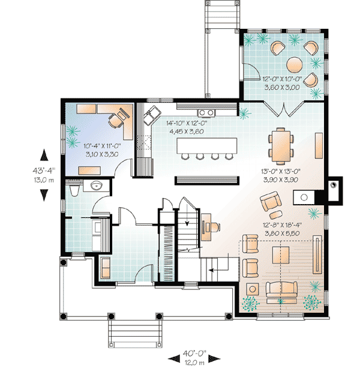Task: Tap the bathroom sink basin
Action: click(96, 186)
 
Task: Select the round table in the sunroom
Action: click(295, 64)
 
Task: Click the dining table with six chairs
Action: click(281, 146)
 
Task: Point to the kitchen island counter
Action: click(207, 145)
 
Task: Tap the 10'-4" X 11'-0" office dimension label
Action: click(102, 146)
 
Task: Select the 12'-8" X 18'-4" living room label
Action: click(282, 225)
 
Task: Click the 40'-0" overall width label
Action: click(194, 353)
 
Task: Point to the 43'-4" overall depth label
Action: click(44, 170)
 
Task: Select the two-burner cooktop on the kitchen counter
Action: click(206, 113)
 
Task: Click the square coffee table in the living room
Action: click(280, 255)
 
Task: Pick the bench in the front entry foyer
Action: click(106, 268)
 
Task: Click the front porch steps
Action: click(135, 333)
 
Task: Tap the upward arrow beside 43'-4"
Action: click(44, 155)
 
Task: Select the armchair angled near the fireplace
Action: click(271, 201)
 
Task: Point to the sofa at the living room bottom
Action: click(281, 289)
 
